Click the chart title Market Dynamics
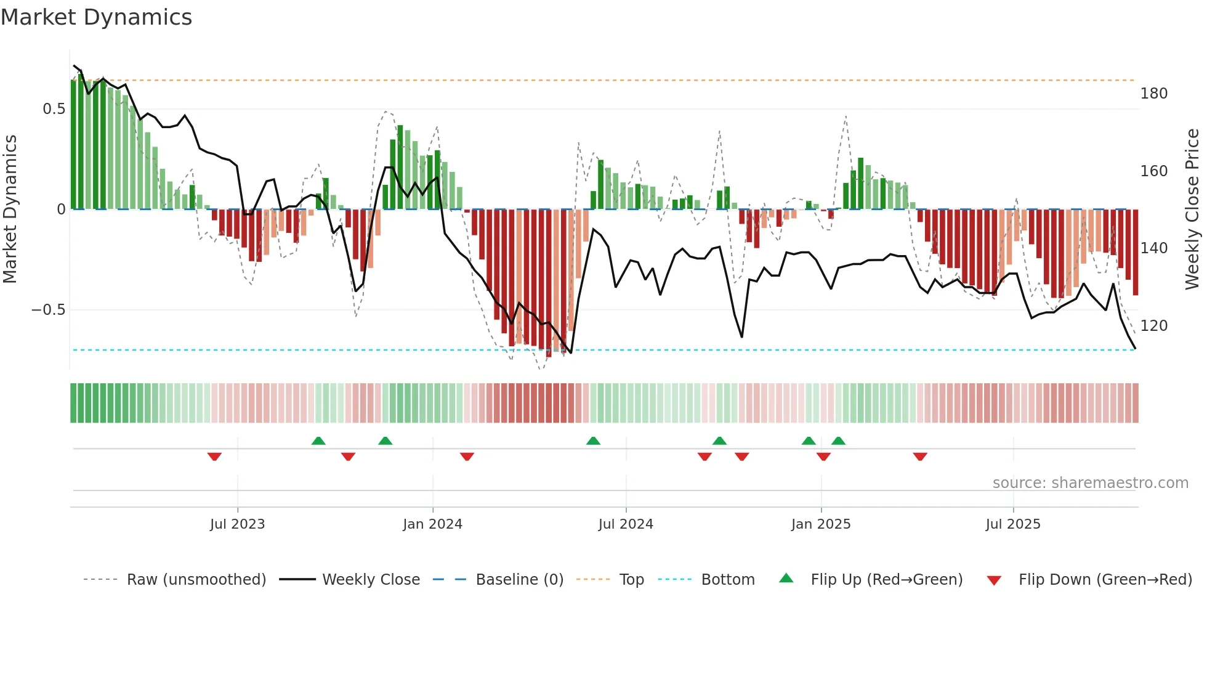97,17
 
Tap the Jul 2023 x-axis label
237,524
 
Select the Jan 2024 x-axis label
432,524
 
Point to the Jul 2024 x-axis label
626,524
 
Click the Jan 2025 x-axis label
821,524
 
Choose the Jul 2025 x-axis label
1013,524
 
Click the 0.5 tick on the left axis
54,109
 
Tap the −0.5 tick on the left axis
49,310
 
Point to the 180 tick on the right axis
1154,94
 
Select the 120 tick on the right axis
1154,326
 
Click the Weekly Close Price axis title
1193,209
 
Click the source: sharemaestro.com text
1090,483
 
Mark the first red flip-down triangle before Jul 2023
214,457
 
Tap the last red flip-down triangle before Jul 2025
920,457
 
